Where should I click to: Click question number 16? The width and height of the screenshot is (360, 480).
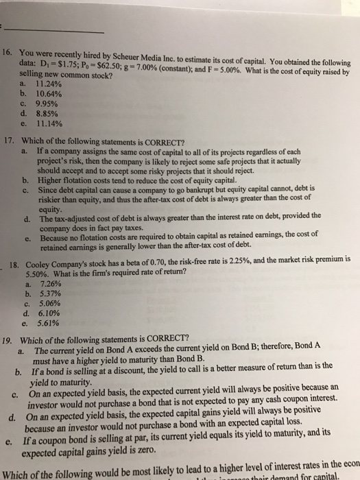click(x=9, y=52)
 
